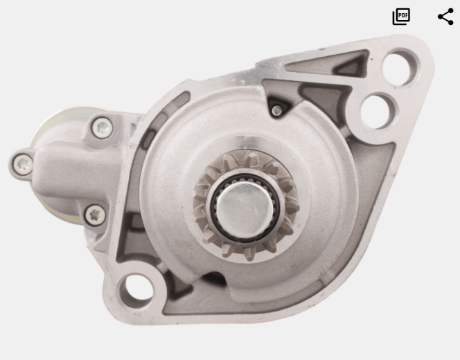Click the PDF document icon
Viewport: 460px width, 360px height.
click(401, 17)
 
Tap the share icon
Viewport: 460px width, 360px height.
click(445, 17)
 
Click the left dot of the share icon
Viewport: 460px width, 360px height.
click(441, 17)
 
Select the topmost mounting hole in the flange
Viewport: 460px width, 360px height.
click(400, 67)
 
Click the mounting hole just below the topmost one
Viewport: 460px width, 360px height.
click(378, 111)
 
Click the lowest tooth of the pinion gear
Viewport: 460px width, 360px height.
click(249, 253)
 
